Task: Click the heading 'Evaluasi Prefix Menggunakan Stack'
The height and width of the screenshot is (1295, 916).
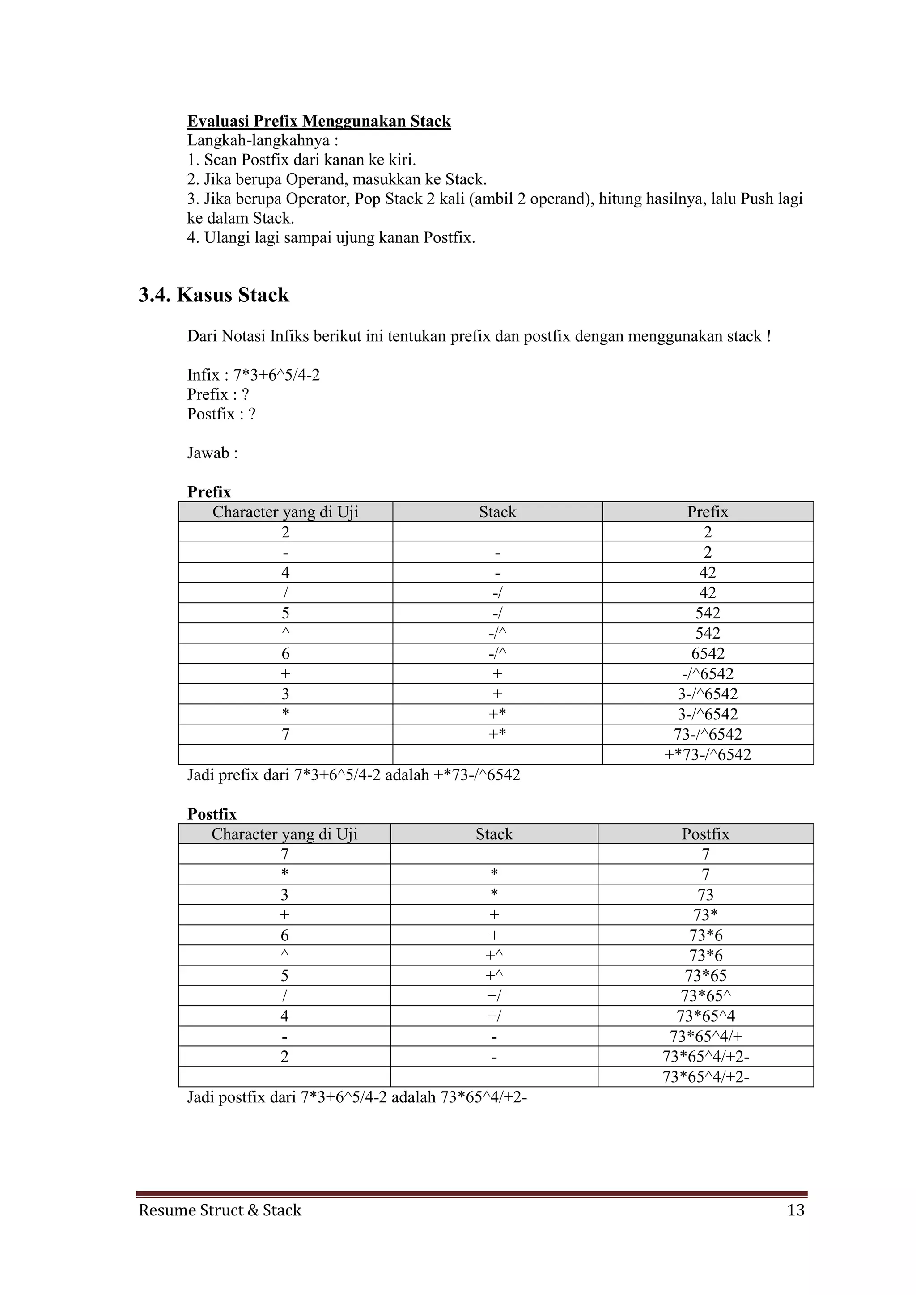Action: tap(319, 121)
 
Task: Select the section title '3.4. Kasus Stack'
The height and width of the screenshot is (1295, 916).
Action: tap(214, 295)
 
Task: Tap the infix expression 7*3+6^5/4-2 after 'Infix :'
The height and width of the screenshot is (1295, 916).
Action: tap(276, 375)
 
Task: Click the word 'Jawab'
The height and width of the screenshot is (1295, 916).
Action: tap(208, 453)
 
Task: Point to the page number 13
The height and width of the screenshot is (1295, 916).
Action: tap(795, 1210)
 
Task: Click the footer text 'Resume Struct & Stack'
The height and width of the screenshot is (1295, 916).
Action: tap(220, 1210)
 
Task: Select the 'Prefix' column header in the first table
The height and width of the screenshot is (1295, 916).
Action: tap(707, 512)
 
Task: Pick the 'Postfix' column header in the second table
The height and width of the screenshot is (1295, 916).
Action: tap(705, 834)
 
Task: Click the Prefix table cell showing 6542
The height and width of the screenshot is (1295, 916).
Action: tap(707, 654)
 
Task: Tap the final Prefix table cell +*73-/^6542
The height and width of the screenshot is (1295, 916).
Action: tap(707, 755)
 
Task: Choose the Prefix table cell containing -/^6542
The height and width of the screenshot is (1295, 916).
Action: tap(707, 674)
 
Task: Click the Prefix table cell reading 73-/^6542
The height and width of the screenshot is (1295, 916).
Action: tap(707, 734)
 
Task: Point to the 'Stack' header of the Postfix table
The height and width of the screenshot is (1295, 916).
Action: tap(494, 834)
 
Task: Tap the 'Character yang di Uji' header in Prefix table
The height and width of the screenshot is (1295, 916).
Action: tap(285, 512)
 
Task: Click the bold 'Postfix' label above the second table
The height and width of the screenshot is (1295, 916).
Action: tap(212, 814)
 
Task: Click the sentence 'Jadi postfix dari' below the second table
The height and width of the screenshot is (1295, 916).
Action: tap(356, 1098)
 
